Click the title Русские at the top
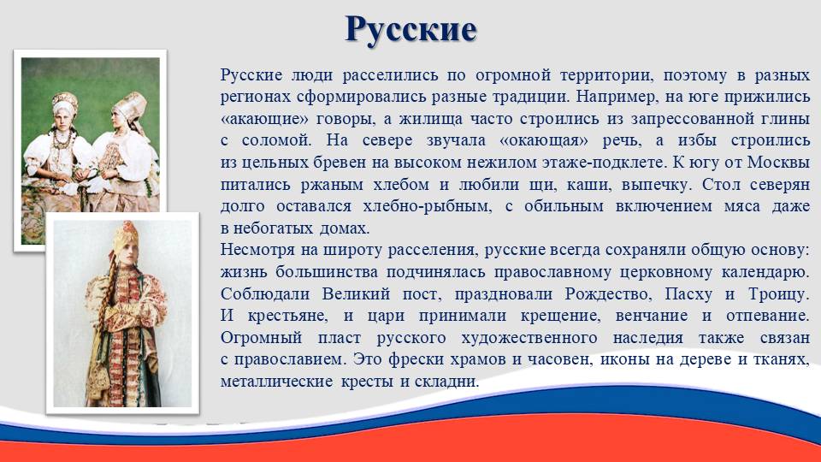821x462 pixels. tap(411, 30)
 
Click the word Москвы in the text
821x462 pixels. tap(778, 162)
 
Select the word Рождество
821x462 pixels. tap(608, 293)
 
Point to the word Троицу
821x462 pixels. tap(778, 294)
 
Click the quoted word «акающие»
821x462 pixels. tap(264, 119)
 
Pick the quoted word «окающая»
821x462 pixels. tap(544, 141)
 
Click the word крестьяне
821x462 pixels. tap(287, 316)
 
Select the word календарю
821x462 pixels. tap(765, 272)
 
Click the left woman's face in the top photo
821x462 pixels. tap(64, 118)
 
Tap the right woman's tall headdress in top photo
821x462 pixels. tap(130, 106)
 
